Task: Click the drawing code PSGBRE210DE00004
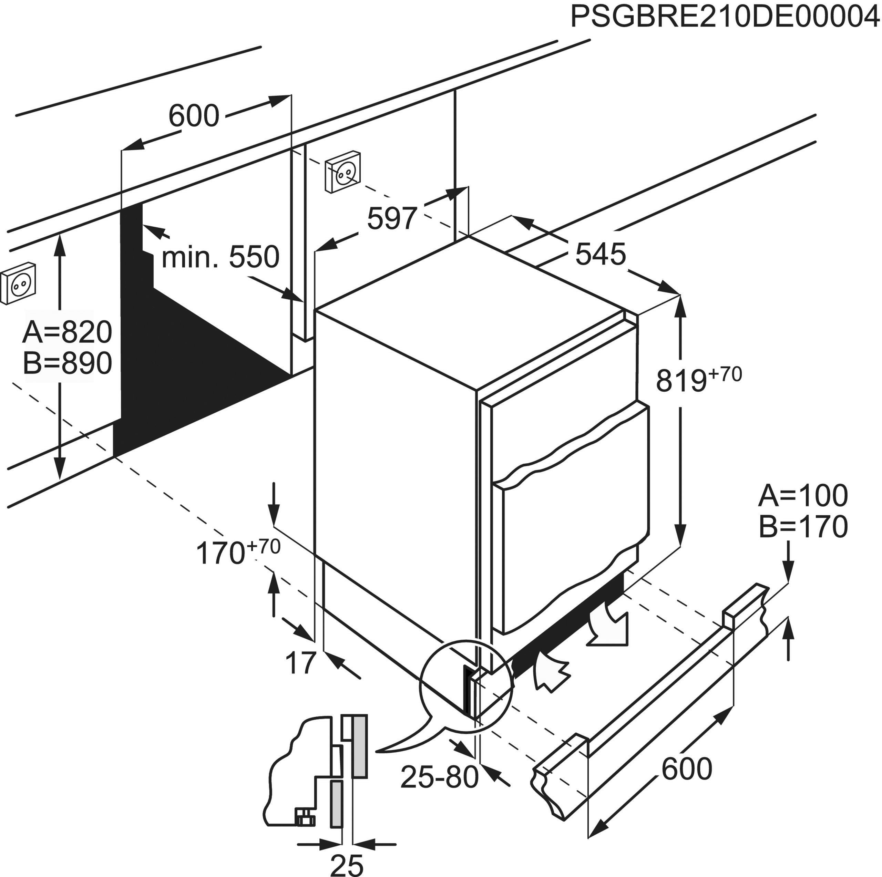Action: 725,17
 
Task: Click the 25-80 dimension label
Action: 439,777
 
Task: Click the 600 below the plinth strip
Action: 686,769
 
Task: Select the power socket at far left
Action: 18,283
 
